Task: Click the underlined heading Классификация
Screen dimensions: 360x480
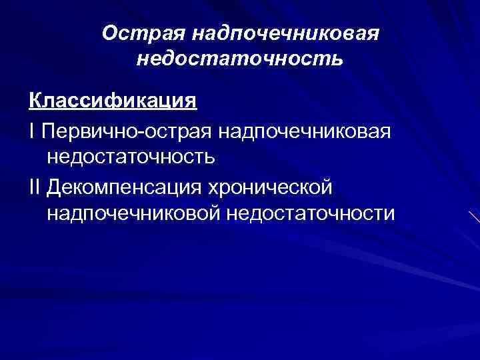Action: pyautogui.click(x=113, y=101)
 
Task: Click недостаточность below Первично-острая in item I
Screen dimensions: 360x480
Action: pyautogui.click(x=131, y=157)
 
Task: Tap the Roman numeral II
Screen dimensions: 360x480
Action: pyautogui.click(x=35, y=185)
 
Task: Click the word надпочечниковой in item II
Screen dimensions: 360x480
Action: pyautogui.click(x=133, y=213)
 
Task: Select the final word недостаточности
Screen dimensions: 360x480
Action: pyautogui.click(x=311, y=213)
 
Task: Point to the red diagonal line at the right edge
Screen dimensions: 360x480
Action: pyautogui.click(x=474, y=217)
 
